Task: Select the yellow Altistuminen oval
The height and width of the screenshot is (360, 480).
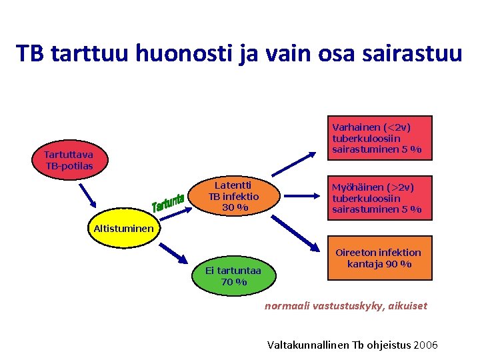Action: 123,229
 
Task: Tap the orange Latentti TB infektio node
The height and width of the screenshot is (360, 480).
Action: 233,197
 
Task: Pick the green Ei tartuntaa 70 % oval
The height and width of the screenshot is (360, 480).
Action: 234,276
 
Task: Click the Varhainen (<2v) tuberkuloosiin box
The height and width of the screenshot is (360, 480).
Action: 377,138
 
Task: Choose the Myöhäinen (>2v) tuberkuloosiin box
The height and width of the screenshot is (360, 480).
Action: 377,197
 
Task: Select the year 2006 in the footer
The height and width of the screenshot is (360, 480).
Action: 425,345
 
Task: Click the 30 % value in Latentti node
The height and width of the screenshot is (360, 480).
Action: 234,207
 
